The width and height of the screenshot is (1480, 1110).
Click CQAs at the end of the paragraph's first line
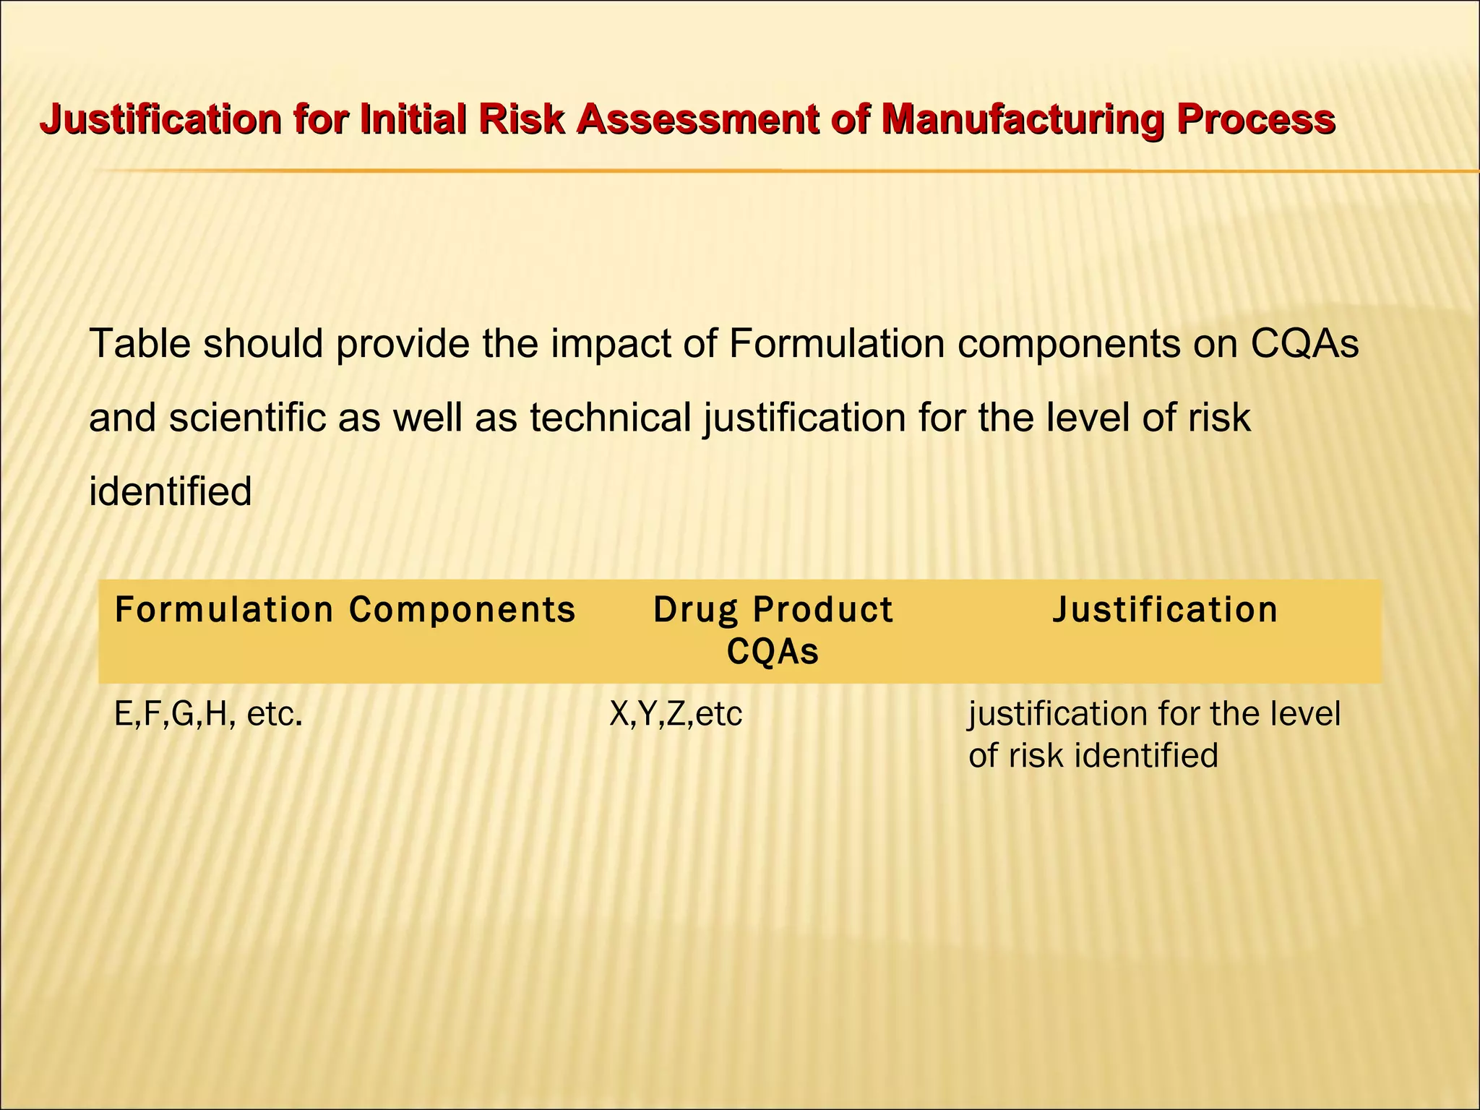tap(1305, 343)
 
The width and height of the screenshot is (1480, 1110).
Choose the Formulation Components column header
tap(345, 609)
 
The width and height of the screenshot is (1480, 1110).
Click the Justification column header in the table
tap(1165, 609)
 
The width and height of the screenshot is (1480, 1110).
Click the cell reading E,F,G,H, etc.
tap(208, 714)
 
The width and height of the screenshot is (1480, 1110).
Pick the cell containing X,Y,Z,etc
tap(676, 714)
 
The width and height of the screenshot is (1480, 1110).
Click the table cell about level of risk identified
tap(1154, 734)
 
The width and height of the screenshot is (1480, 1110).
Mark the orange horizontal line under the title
tap(723, 171)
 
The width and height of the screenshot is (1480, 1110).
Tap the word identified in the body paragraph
tap(171, 492)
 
